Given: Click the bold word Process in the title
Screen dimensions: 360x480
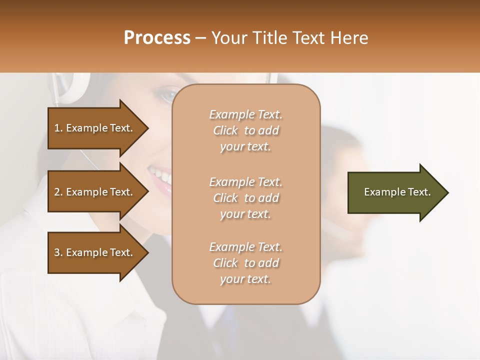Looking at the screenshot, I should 157,38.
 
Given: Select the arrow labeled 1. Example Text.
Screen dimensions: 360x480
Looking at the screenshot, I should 95,128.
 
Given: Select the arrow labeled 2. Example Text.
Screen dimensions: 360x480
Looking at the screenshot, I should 95,192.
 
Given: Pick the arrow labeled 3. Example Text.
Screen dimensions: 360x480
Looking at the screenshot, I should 95,252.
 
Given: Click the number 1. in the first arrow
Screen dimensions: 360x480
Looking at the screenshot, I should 58,128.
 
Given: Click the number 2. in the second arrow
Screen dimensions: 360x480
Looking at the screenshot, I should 58,192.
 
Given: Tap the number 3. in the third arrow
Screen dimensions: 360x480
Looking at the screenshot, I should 58,252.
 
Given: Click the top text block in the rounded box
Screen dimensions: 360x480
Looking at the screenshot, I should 245,130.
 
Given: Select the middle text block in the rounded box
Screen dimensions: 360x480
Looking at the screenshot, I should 245,197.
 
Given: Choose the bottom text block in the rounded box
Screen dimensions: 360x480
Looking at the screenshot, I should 245,263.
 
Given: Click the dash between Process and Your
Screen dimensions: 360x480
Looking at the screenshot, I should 200,38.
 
